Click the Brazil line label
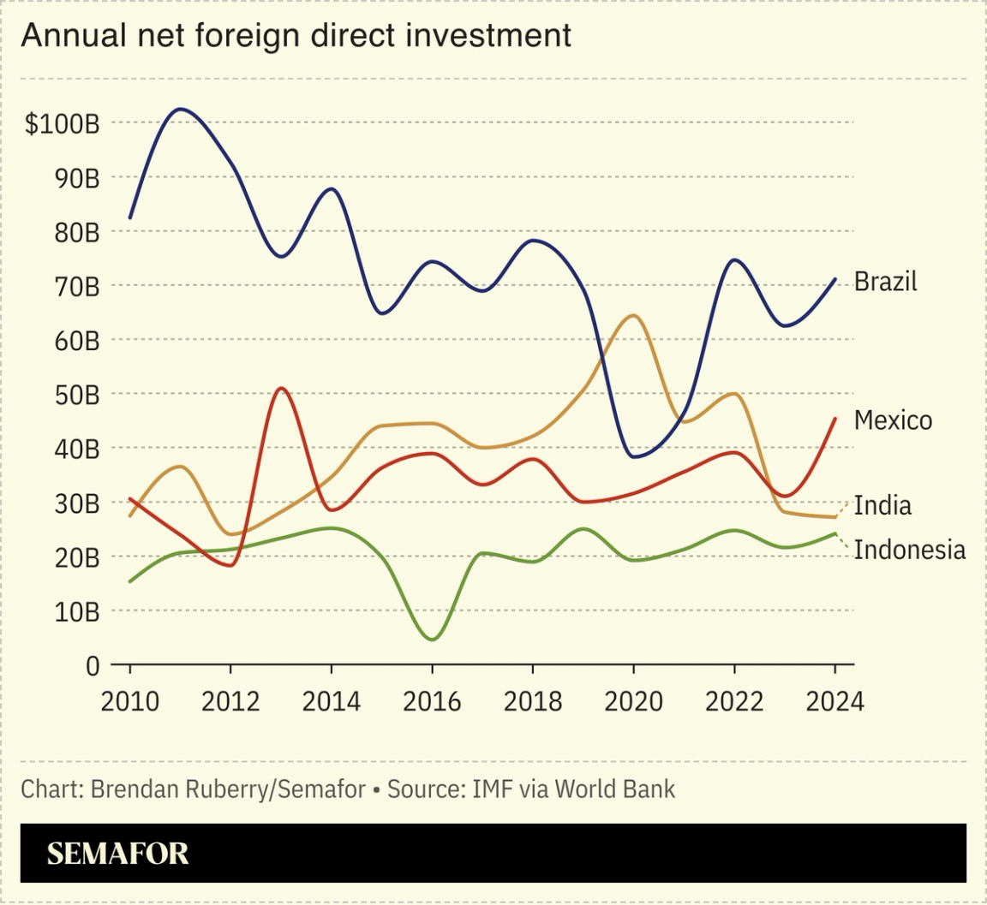click(x=885, y=282)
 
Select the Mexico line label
click(x=893, y=420)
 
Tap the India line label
click(x=882, y=505)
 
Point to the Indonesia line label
click(x=910, y=550)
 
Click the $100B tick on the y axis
click(x=62, y=124)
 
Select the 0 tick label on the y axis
click(x=93, y=666)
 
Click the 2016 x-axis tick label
click(x=432, y=702)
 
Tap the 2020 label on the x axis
click(x=633, y=702)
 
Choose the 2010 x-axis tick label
click(x=130, y=702)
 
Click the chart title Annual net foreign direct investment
click(x=296, y=35)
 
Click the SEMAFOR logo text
click(x=117, y=854)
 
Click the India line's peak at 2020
click(x=632, y=316)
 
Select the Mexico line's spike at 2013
click(x=282, y=388)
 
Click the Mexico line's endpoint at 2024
click(x=834, y=419)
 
